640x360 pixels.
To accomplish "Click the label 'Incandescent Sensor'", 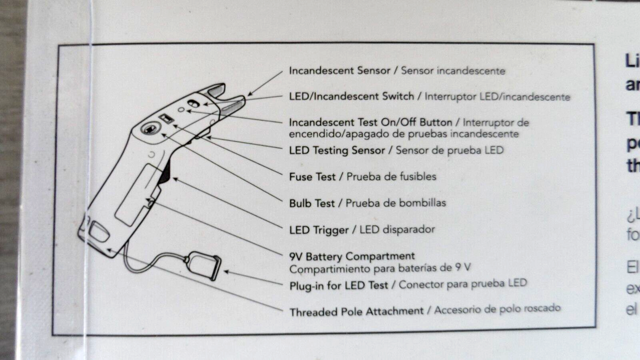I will tap(339, 71).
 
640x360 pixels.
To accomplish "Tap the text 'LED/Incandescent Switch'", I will tap(351, 96).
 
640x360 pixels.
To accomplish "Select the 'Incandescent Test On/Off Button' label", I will tap(370, 122).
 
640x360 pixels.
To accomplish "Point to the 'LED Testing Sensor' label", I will tap(336, 150).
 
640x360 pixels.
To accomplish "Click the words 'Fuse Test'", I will tap(312, 176).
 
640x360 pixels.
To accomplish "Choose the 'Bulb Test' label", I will tap(312, 203).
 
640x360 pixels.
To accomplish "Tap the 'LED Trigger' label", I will tap(319, 230).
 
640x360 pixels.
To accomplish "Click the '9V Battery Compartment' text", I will tap(352, 256).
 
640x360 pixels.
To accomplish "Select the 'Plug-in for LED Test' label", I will tap(338, 286).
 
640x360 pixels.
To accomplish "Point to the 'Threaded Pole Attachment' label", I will tap(356, 312).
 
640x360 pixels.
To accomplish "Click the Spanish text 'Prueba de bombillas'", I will tap(396, 203).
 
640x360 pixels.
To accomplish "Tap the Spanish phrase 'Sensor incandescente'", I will tap(453, 71).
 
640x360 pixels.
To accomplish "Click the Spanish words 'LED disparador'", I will tap(397, 230).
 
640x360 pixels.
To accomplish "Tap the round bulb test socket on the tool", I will tap(150, 128).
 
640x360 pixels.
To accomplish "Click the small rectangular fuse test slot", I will tap(166, 118).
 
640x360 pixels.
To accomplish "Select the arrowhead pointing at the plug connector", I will tap(226, 272).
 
